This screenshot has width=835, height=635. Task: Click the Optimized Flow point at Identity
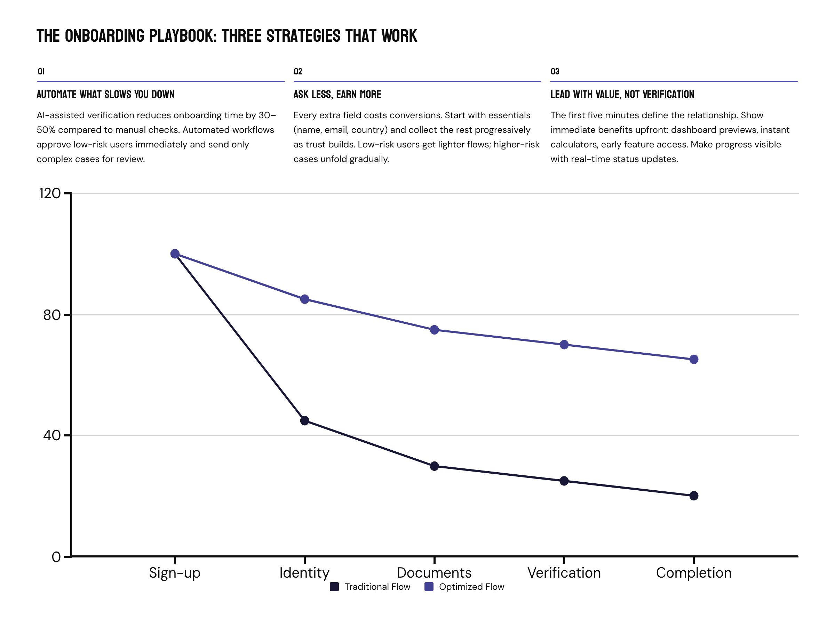pos(304,299)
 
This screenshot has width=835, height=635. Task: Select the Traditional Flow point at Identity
pos(304,421)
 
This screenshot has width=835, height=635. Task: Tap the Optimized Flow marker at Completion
pos(693,360)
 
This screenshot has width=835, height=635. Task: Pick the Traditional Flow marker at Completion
pos(693,496)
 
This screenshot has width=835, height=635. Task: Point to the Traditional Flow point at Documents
pos(434,466)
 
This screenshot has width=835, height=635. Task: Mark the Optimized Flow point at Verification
pos(564,345)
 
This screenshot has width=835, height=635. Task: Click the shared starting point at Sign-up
pos(175,254)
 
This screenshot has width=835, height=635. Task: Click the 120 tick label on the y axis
pos(49,193)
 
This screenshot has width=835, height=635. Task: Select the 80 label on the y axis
pos(52,315)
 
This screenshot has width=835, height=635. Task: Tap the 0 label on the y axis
pos(56,557)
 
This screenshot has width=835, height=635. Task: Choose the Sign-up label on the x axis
pos(174,573)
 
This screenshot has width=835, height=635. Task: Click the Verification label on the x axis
pos(564,573)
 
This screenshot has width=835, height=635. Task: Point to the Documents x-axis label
pos(434,573)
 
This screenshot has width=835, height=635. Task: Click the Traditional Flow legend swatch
pos(334,587)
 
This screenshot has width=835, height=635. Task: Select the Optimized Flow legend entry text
pos(471,587)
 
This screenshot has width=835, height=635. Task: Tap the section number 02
pos(298,71)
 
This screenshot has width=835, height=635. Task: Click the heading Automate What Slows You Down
pos(105,95)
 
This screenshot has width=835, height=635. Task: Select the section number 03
pos(555,71)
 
